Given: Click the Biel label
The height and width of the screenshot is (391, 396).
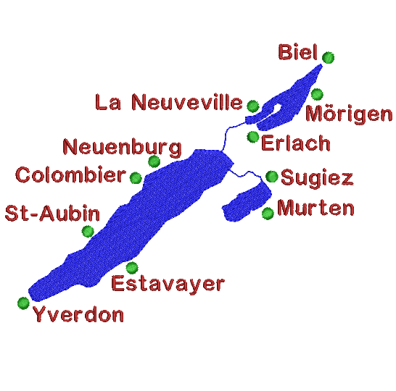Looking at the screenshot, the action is point(297,52).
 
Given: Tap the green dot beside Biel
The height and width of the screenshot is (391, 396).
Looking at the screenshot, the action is point(328,57).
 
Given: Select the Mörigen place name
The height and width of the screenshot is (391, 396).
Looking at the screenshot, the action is point(349,114).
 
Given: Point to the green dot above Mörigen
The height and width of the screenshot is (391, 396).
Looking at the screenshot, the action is point(317,94).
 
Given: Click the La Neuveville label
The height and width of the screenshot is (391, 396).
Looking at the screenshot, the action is point(169,102).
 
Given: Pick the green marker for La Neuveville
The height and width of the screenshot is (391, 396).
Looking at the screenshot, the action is point(253,106).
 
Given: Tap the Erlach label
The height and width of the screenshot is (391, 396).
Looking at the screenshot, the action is point(296,143).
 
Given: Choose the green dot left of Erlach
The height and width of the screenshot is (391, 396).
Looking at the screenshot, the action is point(253,137).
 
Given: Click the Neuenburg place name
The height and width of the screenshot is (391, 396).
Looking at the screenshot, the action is point(122,148).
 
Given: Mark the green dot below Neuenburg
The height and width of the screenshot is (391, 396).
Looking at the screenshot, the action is point(154,161).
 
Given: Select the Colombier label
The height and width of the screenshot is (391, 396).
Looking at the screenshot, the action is point(71,175).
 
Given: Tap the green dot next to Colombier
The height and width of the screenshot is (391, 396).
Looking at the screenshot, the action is point(136,177).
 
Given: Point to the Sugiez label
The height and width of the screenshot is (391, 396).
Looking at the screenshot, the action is point(317,179).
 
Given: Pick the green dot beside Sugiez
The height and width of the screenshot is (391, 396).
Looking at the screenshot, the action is point(272,177).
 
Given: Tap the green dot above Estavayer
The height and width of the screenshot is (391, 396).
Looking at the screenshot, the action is point(132,267).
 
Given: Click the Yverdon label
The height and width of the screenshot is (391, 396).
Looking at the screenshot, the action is point(78,314).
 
